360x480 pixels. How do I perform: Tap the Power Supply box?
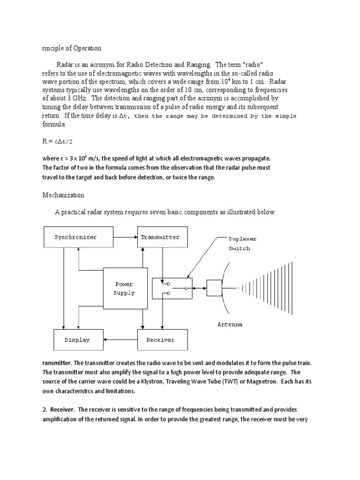tap(125, 288)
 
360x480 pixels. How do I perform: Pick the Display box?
tap(77, 340)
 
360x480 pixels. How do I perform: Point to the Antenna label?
tap(230, 324)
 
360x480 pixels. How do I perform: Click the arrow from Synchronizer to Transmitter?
tap(125, 237)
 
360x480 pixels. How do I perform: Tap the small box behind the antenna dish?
tap(214, 288)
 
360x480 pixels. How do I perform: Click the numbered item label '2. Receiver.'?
tap(62, 409)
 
